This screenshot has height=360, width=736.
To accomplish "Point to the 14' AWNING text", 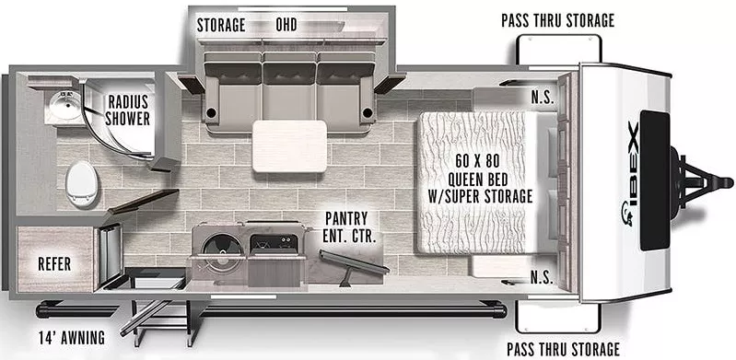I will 71,335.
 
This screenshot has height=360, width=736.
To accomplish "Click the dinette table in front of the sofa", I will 289,145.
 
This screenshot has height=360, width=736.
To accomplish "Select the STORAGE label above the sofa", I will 221,25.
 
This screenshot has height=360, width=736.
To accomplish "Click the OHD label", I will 292,25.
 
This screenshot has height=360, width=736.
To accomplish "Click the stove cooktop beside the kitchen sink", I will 273,245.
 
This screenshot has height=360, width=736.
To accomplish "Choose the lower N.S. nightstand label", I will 543,275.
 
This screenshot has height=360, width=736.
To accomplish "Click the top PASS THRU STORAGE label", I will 557,20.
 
